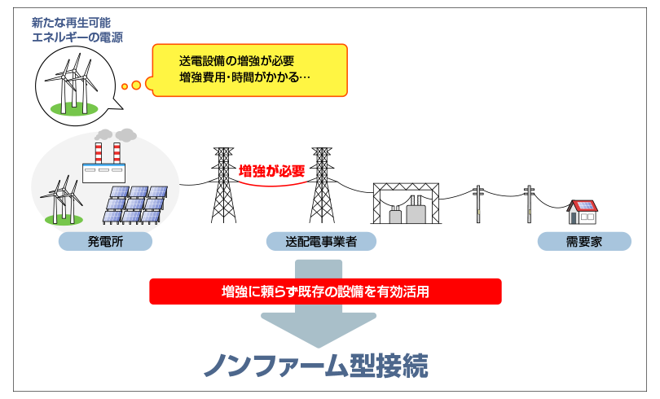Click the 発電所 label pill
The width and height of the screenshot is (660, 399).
[x=105, y=241]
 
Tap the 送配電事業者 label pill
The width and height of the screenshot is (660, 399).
[x=321, y=241]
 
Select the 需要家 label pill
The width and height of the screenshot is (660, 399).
[x=584, y=241]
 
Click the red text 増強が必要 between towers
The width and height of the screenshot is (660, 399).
[x=271, y=171]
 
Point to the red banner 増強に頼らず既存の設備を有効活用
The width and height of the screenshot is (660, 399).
[x=325, y=292]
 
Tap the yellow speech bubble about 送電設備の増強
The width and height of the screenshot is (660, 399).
[x=249, y=70]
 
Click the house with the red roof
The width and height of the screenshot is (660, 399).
[x=582, y=212]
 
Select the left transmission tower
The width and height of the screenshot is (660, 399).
[x=223, y=185]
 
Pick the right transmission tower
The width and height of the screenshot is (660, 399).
[x=322, y=185]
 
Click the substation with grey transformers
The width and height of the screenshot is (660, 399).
[x=407, y=203]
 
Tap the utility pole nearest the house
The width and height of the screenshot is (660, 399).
[x=529, y=204]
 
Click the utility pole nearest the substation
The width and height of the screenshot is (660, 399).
[x=478, y=204]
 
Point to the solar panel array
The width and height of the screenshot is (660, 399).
[x=135, y=204]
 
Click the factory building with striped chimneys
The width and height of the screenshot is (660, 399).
[x=103, y=163]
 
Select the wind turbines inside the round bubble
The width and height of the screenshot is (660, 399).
[x=73, y=84]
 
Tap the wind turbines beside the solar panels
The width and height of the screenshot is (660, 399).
[x=62, y=199]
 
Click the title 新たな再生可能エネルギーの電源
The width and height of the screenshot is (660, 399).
[x=77, y=30]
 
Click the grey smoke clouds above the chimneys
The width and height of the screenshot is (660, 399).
[x=116, y=135]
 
